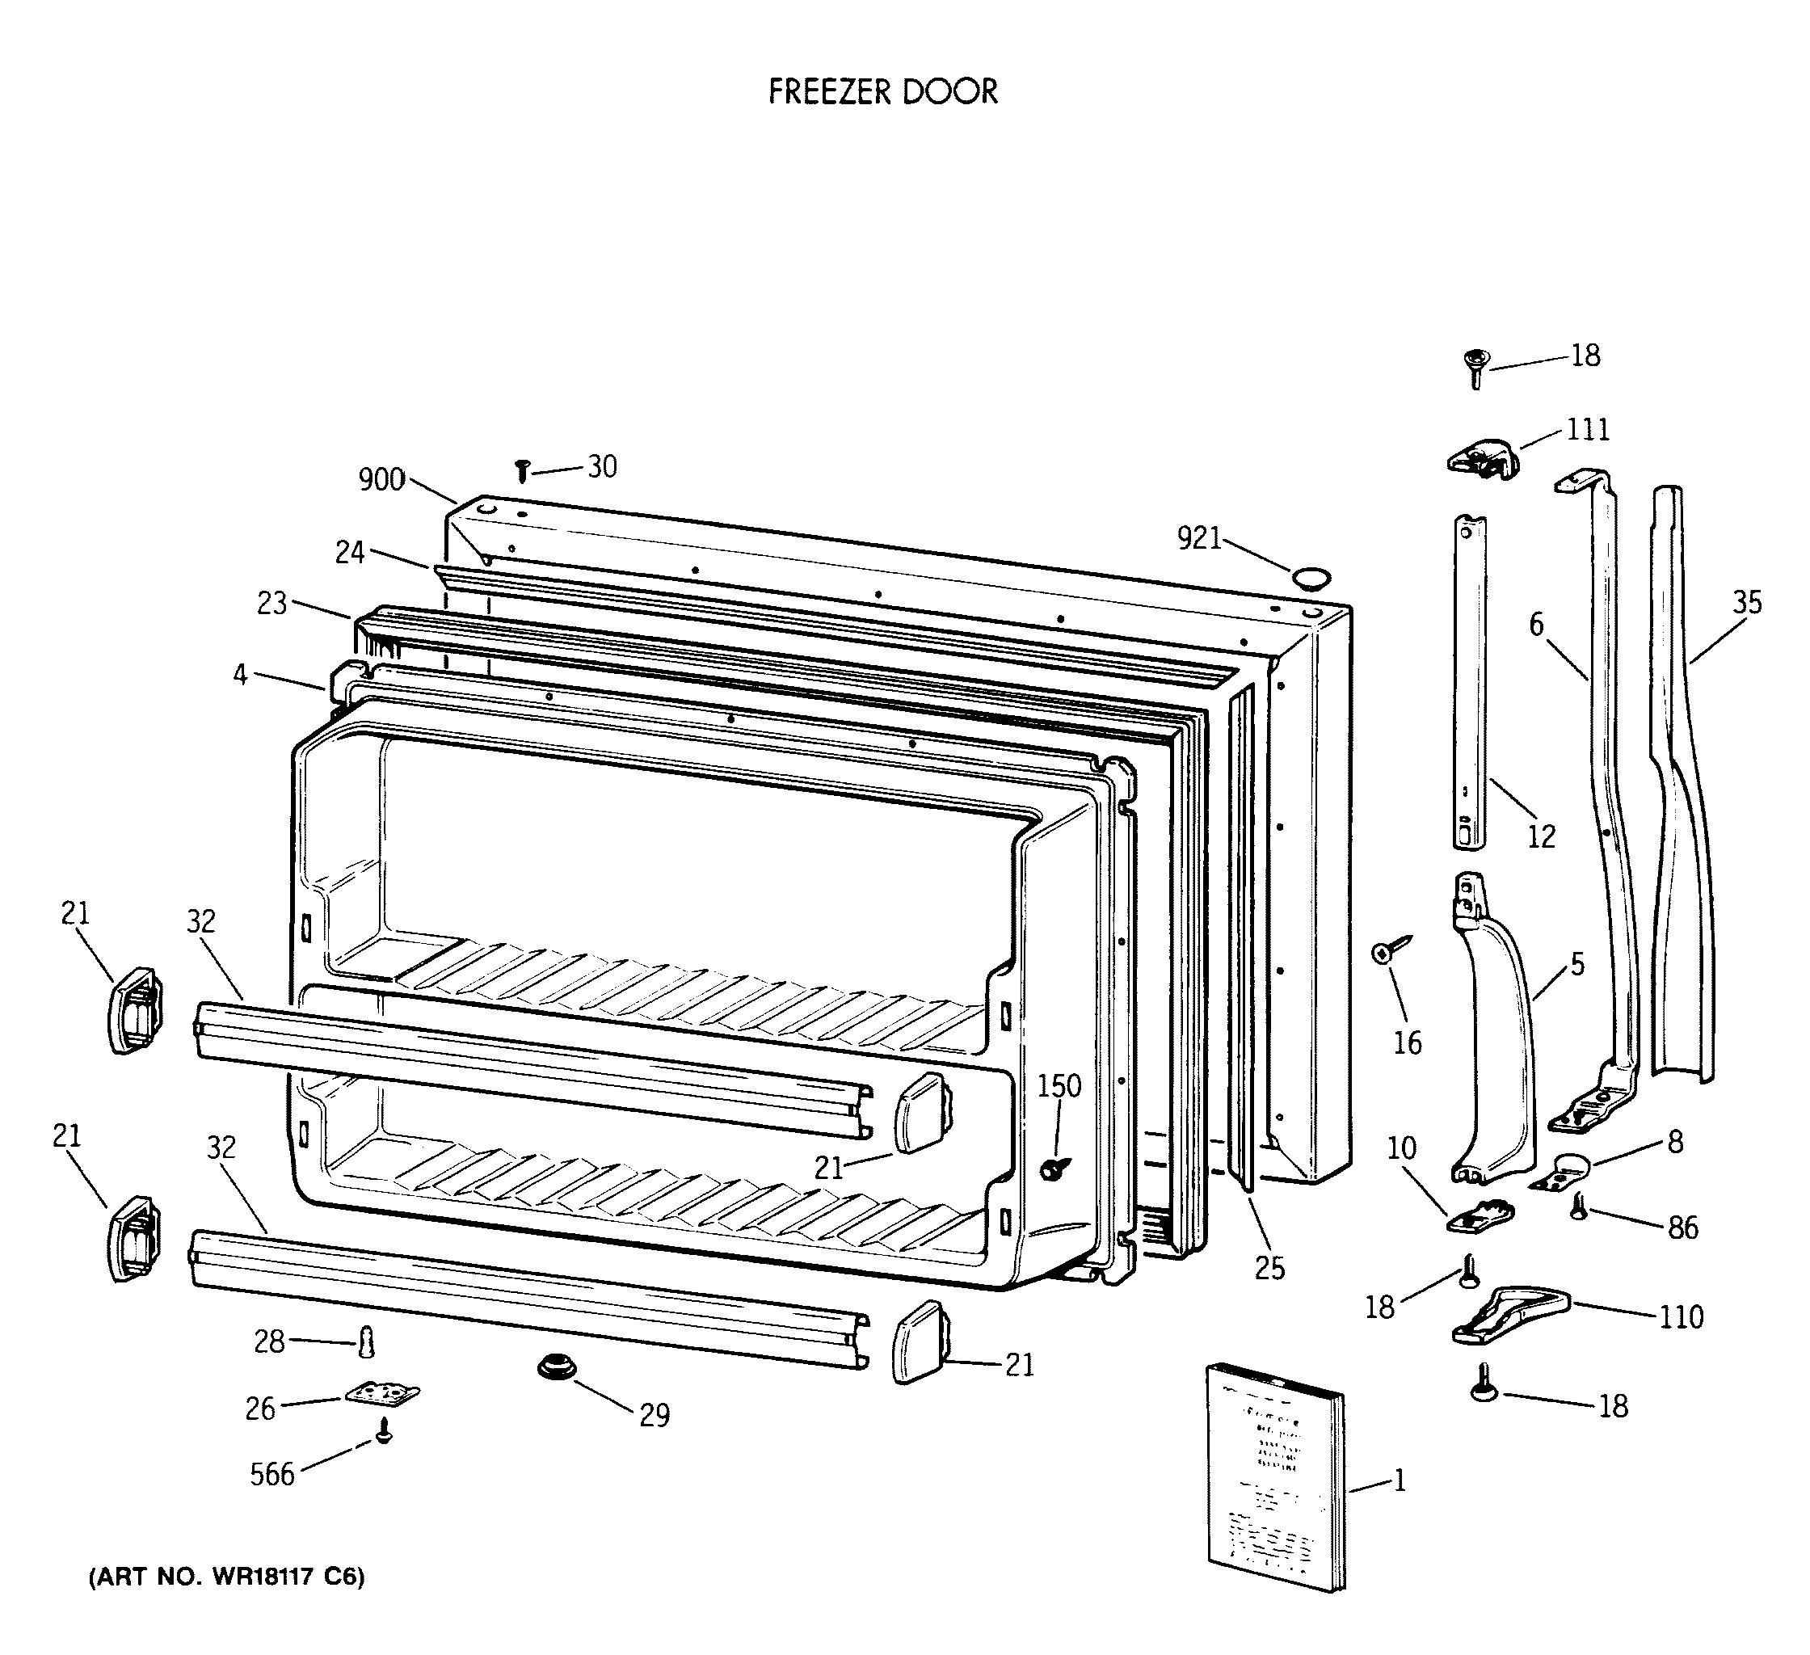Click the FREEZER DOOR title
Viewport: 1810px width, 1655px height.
[x=882, y=91]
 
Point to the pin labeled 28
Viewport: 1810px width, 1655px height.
[x=366, y=1341]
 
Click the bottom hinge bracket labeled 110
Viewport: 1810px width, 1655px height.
[x=1509, y=1314]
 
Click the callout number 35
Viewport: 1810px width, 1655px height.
[x=1746, y=602]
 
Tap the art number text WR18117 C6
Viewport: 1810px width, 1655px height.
[x=226, y=1577]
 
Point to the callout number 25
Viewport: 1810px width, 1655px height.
[x=1269, y=1268]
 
